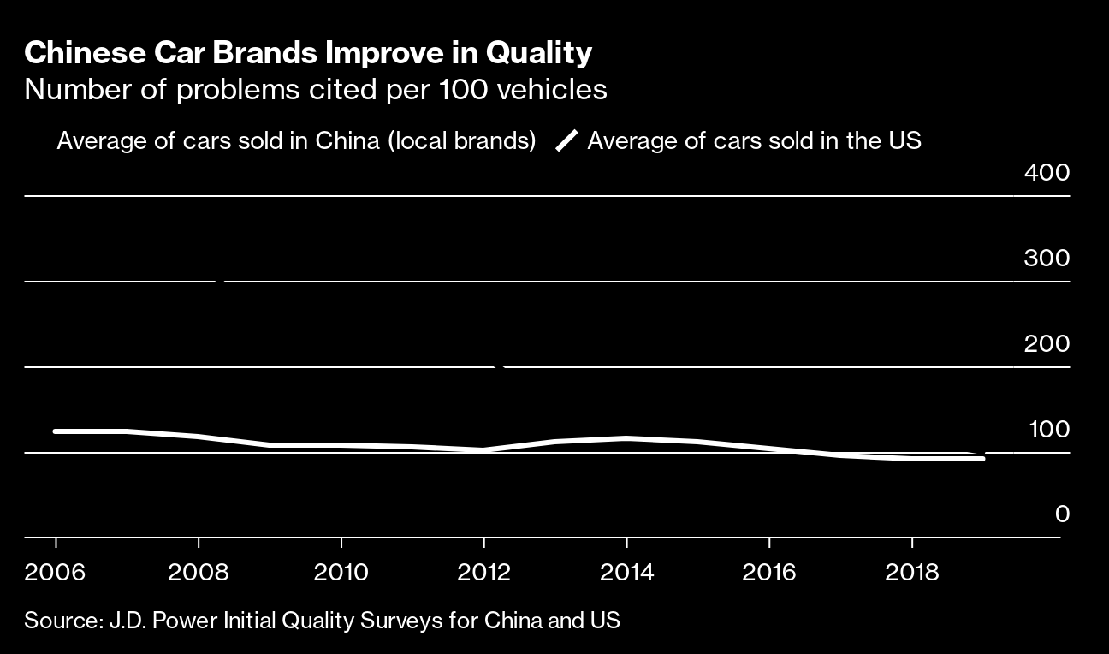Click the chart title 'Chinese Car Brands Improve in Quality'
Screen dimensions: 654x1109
point(308,53)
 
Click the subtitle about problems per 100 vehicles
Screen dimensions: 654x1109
point(316,90)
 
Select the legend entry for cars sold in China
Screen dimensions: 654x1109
point(296,140)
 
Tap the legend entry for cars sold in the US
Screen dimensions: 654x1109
point(754,140)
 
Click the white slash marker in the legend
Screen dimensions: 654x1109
point(566,140)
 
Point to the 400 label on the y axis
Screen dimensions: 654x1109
point(1047,173)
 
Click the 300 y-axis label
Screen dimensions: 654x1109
point(1047,258)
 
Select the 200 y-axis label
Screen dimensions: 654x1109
point(1047,343)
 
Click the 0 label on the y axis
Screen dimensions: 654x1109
point(1062,514)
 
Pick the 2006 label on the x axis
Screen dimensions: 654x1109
point(56,572)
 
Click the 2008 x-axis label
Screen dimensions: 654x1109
point(199,572)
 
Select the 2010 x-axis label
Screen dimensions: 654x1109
point(341,572)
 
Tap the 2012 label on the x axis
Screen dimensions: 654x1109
point(483,572)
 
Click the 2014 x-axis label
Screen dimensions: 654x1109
point(626,572)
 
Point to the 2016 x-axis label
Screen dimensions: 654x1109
point(769,572)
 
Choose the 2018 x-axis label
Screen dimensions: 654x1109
point(912,572)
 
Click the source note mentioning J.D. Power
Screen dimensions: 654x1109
point(322,620)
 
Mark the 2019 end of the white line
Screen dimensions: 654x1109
point(982,459)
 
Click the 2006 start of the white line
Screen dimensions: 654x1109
point(56,431)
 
